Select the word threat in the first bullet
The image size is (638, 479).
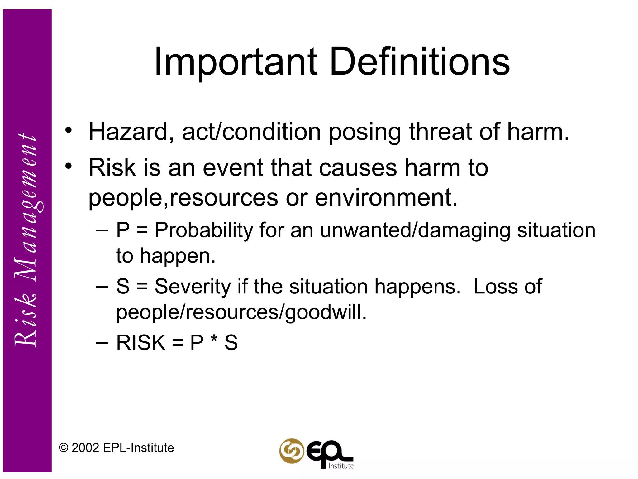pyautogui.click(x=440, y=132)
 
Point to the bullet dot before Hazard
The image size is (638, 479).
pyautogui.click(x=69, y=130)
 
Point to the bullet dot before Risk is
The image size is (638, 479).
pyautogui.click(x=69, y=166)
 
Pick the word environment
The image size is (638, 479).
pyautogui.click(x=386, y=198)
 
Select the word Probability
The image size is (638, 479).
pyautogui.click(x=204, y=230)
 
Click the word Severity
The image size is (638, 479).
pyautogui.click(x=193, y=287)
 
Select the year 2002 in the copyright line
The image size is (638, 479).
pyautogui.click(x=85, y=448)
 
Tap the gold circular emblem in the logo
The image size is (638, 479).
pyautogui.click(x=291, y=451)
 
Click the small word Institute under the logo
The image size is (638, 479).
pyautogui.click(x=341, y=466)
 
